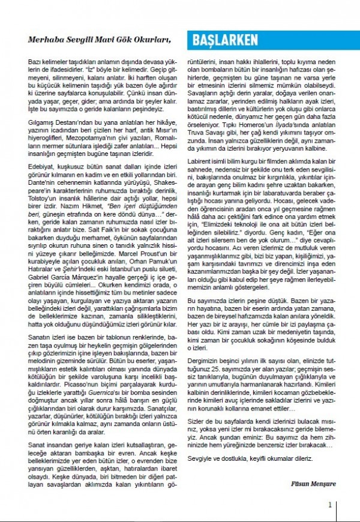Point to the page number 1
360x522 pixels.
329,505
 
